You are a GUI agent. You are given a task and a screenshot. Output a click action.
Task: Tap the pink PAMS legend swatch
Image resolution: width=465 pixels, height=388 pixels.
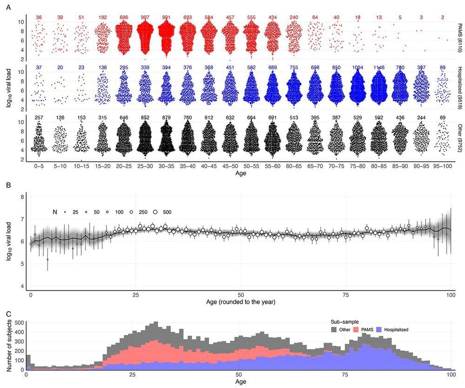coord(357,329)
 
